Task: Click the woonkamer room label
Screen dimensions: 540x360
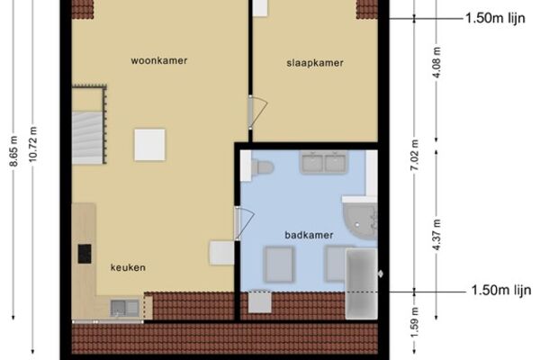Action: coord(159,60)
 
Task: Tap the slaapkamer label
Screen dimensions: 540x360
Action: coord(315,63)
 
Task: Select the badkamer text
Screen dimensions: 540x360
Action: coord(309,235)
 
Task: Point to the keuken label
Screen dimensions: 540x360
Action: coord(128,267)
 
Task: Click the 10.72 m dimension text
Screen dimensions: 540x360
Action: coord(32,144)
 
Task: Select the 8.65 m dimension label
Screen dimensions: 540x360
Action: coord(13,151)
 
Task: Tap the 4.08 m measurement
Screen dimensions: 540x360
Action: coord(436,62)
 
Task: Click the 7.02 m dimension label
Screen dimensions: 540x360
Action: coord(415,155)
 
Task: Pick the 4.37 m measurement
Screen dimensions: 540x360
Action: coord(436,235)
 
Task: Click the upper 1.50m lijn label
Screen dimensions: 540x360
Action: coord(495,18)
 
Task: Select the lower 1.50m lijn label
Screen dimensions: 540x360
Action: coord(501,291)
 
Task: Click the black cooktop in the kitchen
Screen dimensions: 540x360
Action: coord(85,254)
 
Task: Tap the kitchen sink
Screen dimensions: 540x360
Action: coord(124,308)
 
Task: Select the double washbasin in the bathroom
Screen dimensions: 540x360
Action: coord(324,162)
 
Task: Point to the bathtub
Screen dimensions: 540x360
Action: coord(361,283)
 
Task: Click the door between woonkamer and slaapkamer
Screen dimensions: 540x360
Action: coord(256,112)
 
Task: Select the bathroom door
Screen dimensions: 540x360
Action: coord(244,223)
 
